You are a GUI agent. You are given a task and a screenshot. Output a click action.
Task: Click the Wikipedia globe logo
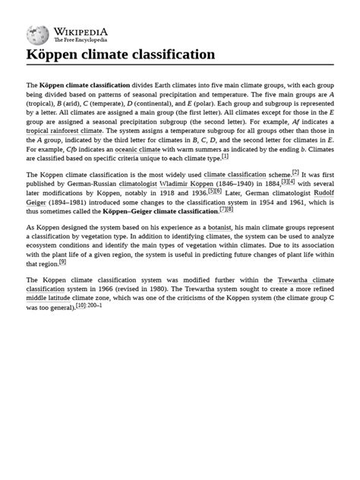click(37, 34)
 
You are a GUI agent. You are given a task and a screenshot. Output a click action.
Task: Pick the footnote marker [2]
click(295, 172)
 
